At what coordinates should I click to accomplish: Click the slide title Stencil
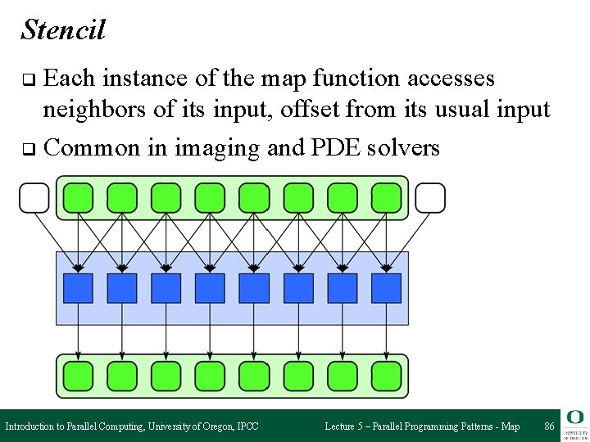(63, 29)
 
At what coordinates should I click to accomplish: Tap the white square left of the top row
(34, 197)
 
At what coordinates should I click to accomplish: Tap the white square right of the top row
(430, 197)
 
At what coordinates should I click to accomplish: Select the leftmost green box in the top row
(78, 198)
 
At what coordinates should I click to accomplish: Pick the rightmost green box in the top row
(386, 198)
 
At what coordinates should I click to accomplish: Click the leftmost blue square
(78, 288)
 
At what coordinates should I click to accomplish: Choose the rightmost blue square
(386, 288)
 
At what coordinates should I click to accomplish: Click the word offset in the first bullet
(291, 110)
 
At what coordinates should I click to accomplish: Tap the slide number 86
(549, 426)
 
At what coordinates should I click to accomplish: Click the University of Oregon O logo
(574, 418)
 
